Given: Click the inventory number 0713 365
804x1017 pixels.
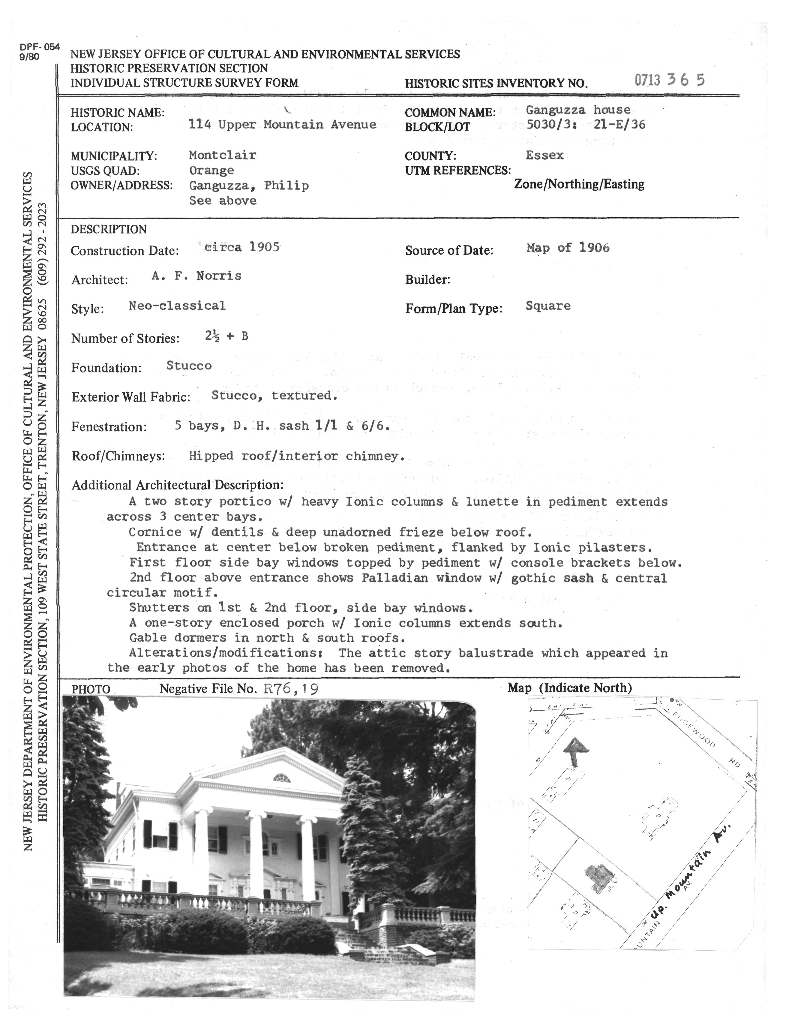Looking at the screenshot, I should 669,80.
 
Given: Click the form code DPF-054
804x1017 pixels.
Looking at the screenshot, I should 40,47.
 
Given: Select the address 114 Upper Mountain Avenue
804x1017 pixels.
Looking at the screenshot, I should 282,125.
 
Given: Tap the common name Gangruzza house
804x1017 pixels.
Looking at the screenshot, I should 577,110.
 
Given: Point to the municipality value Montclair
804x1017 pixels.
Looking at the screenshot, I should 222,155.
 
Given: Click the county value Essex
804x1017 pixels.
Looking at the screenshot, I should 544,155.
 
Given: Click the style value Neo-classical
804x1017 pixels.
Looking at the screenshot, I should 177,306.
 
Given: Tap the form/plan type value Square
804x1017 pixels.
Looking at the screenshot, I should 547,306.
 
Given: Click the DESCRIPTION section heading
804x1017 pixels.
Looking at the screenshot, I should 108,229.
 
